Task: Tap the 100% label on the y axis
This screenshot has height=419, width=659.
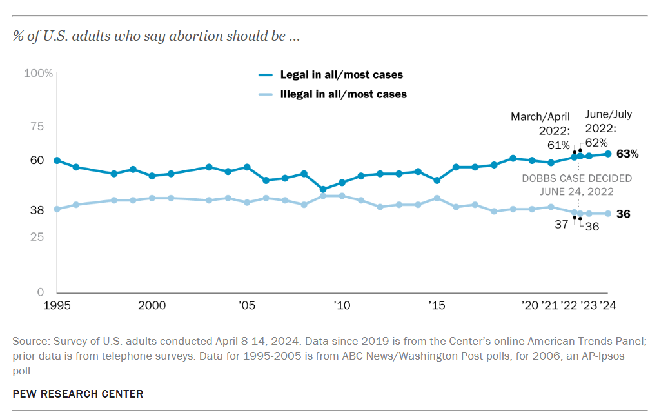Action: (x=38, y=73)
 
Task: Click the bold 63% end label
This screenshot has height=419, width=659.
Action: (x=627, y=154)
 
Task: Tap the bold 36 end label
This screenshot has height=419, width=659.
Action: (x=624, y=214)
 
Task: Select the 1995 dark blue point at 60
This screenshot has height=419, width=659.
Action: (x=57, y=160)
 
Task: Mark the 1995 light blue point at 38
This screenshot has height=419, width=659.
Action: (x=57, y=209)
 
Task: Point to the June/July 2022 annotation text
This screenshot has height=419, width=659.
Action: (x=608, y=121)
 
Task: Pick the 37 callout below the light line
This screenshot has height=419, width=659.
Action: (x=561, y=225)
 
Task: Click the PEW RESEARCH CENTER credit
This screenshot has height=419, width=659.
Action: (x=78, y=394)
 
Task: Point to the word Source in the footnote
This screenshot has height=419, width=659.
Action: (x=28, y=340)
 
